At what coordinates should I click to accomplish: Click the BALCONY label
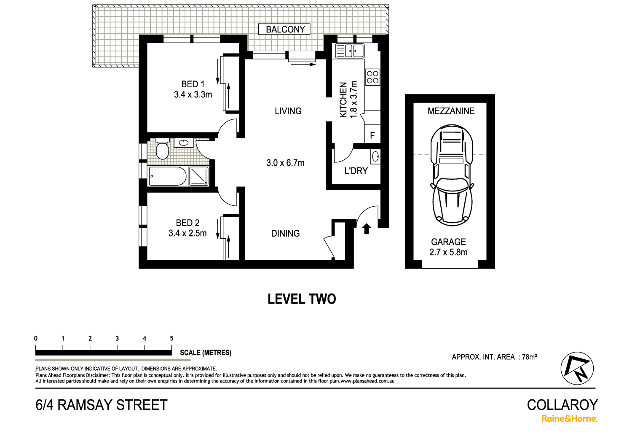click(285, 29)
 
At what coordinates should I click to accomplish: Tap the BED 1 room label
click(193, 84)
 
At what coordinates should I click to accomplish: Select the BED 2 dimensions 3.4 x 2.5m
click(187, 233)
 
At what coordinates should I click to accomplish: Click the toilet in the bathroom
click(162, 149)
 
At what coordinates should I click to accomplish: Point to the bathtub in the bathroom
click(168, 176)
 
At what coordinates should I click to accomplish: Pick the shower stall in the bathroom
click(199, 176)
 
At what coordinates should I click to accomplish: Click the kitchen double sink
click(349, 51)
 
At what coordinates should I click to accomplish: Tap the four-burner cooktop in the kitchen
click(372, 77)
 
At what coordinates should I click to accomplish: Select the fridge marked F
click(372, 135)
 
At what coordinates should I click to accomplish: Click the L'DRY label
click(356, 171)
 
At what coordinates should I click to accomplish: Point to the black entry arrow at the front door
click(367, 229)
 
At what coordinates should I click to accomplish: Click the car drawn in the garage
click(451, 175)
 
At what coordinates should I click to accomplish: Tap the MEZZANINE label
click(451, 111)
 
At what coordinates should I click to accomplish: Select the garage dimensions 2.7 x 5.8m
click(448, 252)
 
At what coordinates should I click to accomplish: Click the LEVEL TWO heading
click(302, 299)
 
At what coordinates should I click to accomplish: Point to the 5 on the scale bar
click(171, 338)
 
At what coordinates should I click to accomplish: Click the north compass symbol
click(577, 368)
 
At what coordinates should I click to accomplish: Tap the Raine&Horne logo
click(569, 419)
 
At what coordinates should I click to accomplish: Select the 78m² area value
click(529, 357)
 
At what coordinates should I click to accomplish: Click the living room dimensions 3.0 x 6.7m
click(285, 163)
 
